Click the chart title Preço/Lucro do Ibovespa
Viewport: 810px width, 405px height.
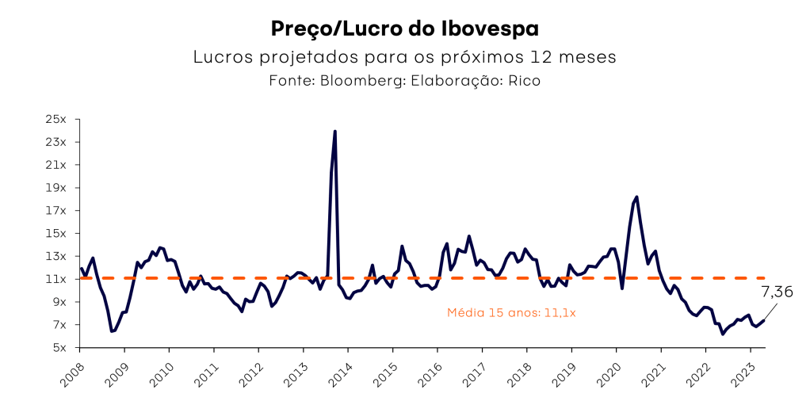pos(404,29)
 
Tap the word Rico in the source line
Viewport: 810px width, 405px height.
pos(524,81)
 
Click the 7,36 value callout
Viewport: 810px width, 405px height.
pos(776,292)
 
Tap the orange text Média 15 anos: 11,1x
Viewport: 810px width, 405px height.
pos(511,313)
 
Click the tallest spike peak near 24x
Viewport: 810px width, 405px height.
pos(335,132)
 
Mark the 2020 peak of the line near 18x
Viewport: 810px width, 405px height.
pos(637,197)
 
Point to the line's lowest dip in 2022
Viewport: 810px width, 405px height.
pos(723,334)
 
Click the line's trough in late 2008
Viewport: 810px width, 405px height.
pos(112,331)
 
